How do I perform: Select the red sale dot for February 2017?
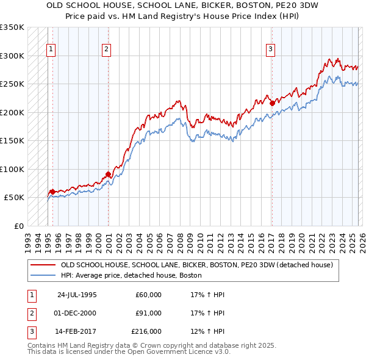pyautogui.click(x=272, y=103)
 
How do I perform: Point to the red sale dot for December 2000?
pyautogui.click(x=108, y=174)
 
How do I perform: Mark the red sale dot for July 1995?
pyautogui.click(x=52, y=192)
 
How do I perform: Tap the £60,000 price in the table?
pyautogui.click(x=148, y=294)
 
